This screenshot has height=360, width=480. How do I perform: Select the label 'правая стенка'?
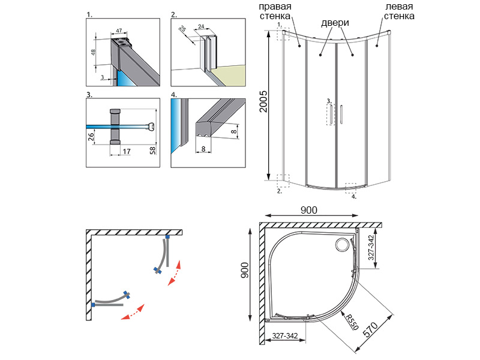coord(276,11)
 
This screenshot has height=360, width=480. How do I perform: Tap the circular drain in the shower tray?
coord(343,245)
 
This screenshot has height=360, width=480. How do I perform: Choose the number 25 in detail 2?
coord(182,31)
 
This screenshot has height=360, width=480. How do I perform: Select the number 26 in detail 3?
coord(91,137)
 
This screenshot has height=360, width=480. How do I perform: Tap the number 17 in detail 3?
coord(127,152)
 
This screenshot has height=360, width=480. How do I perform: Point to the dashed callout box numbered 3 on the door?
coord(329,113)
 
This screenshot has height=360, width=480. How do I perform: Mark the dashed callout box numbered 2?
coord(284,181)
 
